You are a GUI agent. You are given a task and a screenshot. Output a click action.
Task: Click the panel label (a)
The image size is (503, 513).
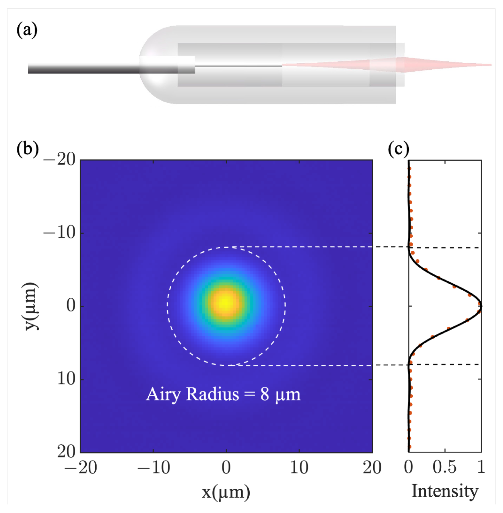27,30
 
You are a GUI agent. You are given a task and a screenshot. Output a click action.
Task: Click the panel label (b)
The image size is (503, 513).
27,149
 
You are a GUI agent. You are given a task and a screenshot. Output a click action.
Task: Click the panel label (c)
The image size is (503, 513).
398,149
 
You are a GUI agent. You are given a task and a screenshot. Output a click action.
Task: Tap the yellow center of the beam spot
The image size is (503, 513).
226,303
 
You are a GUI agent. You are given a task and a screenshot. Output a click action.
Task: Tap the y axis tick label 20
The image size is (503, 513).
66,452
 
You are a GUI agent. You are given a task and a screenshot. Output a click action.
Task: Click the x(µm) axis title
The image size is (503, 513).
226,492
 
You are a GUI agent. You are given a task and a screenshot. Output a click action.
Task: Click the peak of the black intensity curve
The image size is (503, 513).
481,306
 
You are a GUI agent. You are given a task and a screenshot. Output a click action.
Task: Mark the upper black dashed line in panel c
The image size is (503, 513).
448,247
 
